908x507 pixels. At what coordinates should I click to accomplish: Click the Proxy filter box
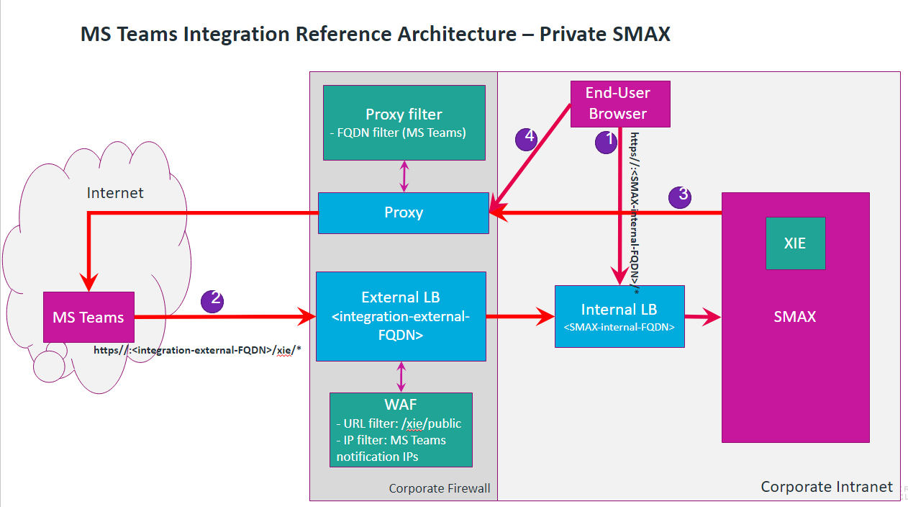(404, 122)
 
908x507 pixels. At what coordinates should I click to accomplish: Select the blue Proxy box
(404, 212)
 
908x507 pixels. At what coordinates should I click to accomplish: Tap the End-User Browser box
(619, 104)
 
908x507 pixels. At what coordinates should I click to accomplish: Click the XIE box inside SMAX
(795, 243)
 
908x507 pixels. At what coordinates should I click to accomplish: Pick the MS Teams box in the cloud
(88, 317)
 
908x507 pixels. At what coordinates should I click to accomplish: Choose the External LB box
(401, 316)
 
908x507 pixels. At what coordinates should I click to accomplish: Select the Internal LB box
(619, 317)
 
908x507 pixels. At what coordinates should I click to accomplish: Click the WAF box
(401, 429)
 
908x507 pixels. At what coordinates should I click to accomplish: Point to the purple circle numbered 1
(606, 141)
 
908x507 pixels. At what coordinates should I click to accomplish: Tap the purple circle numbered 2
(212, 300)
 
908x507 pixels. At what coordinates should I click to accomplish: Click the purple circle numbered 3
(680, 197)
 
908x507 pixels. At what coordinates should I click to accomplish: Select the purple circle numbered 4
(527, 138)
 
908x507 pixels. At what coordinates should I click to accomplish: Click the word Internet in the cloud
(115, 193)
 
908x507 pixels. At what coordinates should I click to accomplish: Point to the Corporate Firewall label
(439, 488)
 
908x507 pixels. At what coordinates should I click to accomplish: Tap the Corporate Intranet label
(827, 487)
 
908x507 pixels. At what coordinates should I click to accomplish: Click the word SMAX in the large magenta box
(795, 316)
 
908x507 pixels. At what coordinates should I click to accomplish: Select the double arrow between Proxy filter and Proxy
(404, 176)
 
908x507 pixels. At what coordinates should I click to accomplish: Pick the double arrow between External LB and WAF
(401, 377)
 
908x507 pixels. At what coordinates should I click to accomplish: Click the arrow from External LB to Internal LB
(519, 316)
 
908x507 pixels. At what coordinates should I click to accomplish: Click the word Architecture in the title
(455, 34)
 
